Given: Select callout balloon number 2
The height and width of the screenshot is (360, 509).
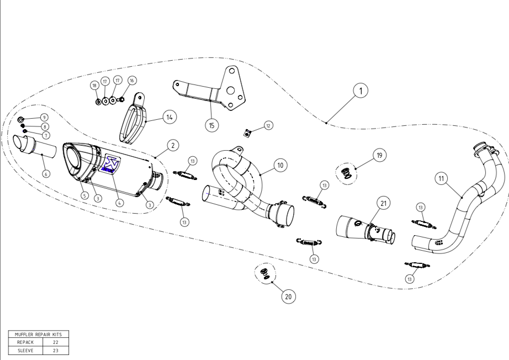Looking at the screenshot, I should [x=172, y=145].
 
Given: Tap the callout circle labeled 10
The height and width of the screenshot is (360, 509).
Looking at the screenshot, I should [x=280, y=165].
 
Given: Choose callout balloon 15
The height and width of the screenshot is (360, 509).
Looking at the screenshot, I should [x=211, y=125].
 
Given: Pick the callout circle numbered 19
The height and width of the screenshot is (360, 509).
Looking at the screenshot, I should [x=379, y=156].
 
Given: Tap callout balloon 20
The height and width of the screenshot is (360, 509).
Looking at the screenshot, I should [x=287, y=297].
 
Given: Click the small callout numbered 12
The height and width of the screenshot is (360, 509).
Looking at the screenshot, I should [x=268, y=126].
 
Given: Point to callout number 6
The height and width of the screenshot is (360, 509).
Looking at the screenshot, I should [x=46, y=173].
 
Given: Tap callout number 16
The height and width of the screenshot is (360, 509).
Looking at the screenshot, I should [x=131, y=80].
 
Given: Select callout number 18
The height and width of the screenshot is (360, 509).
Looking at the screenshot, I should [x=94, y=85].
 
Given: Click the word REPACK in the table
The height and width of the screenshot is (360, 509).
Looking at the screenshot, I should [x=26, y=342].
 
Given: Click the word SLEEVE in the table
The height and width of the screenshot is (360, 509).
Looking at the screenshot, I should [x=26, y=349].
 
